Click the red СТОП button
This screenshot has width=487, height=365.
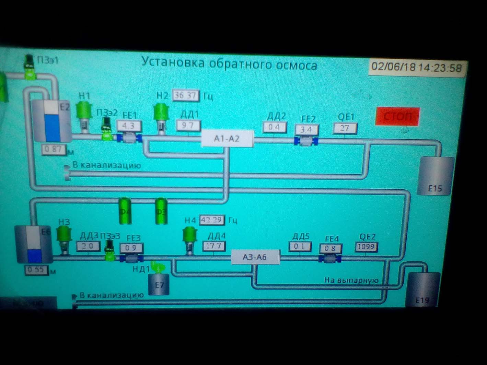397,116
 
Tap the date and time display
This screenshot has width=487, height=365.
417,67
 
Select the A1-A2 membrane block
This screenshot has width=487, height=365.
227,138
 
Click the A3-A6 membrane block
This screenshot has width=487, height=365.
255,257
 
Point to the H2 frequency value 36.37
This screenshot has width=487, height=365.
186,95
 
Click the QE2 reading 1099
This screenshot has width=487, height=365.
367,247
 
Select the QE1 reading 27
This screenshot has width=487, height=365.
345,128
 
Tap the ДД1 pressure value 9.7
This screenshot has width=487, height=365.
188,125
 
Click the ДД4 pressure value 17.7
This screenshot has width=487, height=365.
214,246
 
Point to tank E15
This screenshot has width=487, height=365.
435,176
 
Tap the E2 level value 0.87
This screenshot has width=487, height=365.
53,150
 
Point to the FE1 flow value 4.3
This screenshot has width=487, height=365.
129,126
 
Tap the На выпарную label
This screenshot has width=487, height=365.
351,280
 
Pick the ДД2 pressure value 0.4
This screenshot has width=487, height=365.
274,127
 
